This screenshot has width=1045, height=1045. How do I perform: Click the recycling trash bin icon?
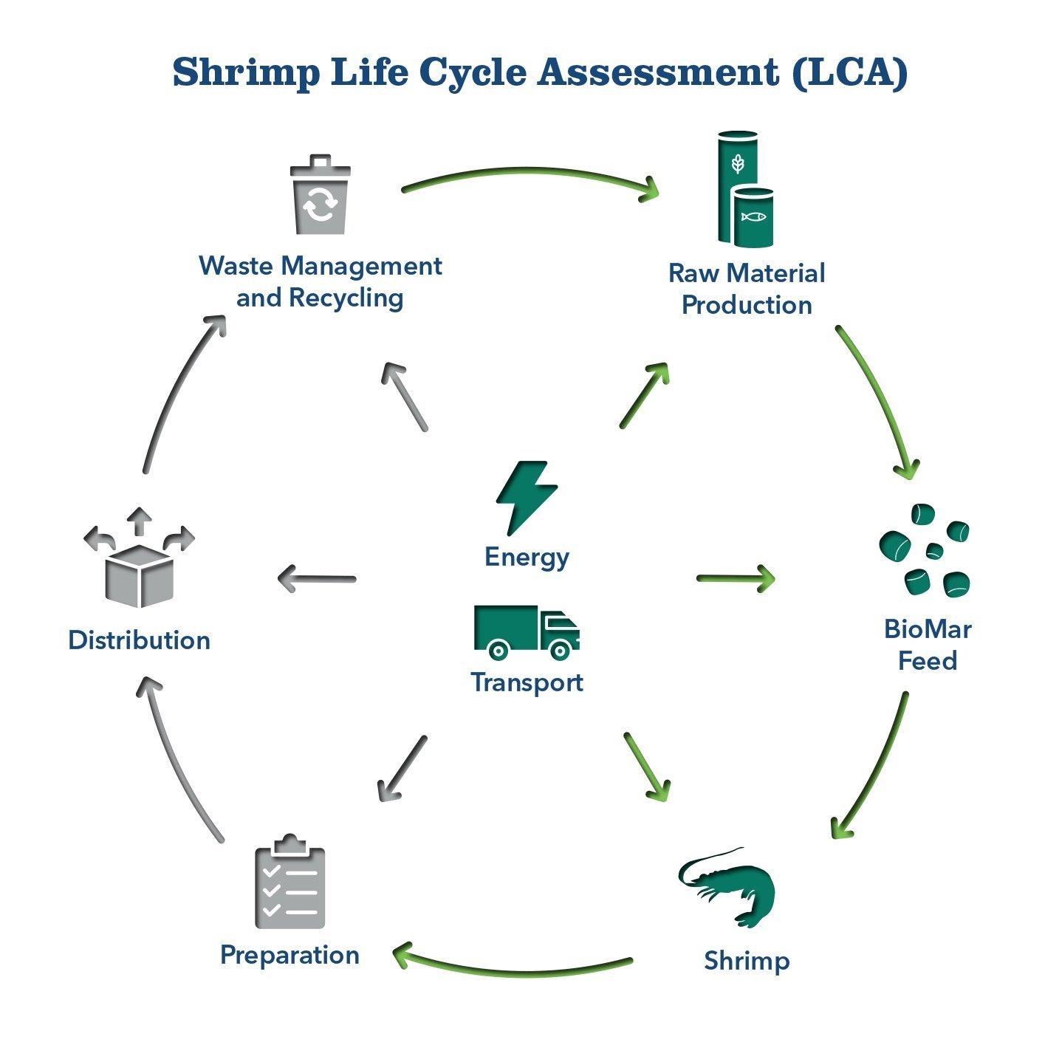click(x=320, y=196)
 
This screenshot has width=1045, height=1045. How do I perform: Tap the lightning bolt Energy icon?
click(x=526, y=496)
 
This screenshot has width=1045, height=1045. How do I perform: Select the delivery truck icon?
click(x=527, y=632)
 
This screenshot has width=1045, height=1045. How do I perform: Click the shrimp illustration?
click(x=731, y=886)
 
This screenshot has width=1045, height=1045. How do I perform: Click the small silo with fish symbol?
click(x=753, y=217)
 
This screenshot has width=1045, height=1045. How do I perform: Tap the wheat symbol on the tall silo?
click(x=736, y=163)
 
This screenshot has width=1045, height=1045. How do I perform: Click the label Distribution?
click(x=139, y=640)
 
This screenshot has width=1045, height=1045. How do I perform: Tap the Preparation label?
click(x=289, y=955)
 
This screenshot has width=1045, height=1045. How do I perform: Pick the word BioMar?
click(x=927, y=629)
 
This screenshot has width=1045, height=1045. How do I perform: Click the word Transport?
click(x=527, y=682)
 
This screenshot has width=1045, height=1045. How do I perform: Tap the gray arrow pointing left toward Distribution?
click(x=316, y=578)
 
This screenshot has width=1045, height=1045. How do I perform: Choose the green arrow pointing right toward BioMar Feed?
click(x=736, y=578)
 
